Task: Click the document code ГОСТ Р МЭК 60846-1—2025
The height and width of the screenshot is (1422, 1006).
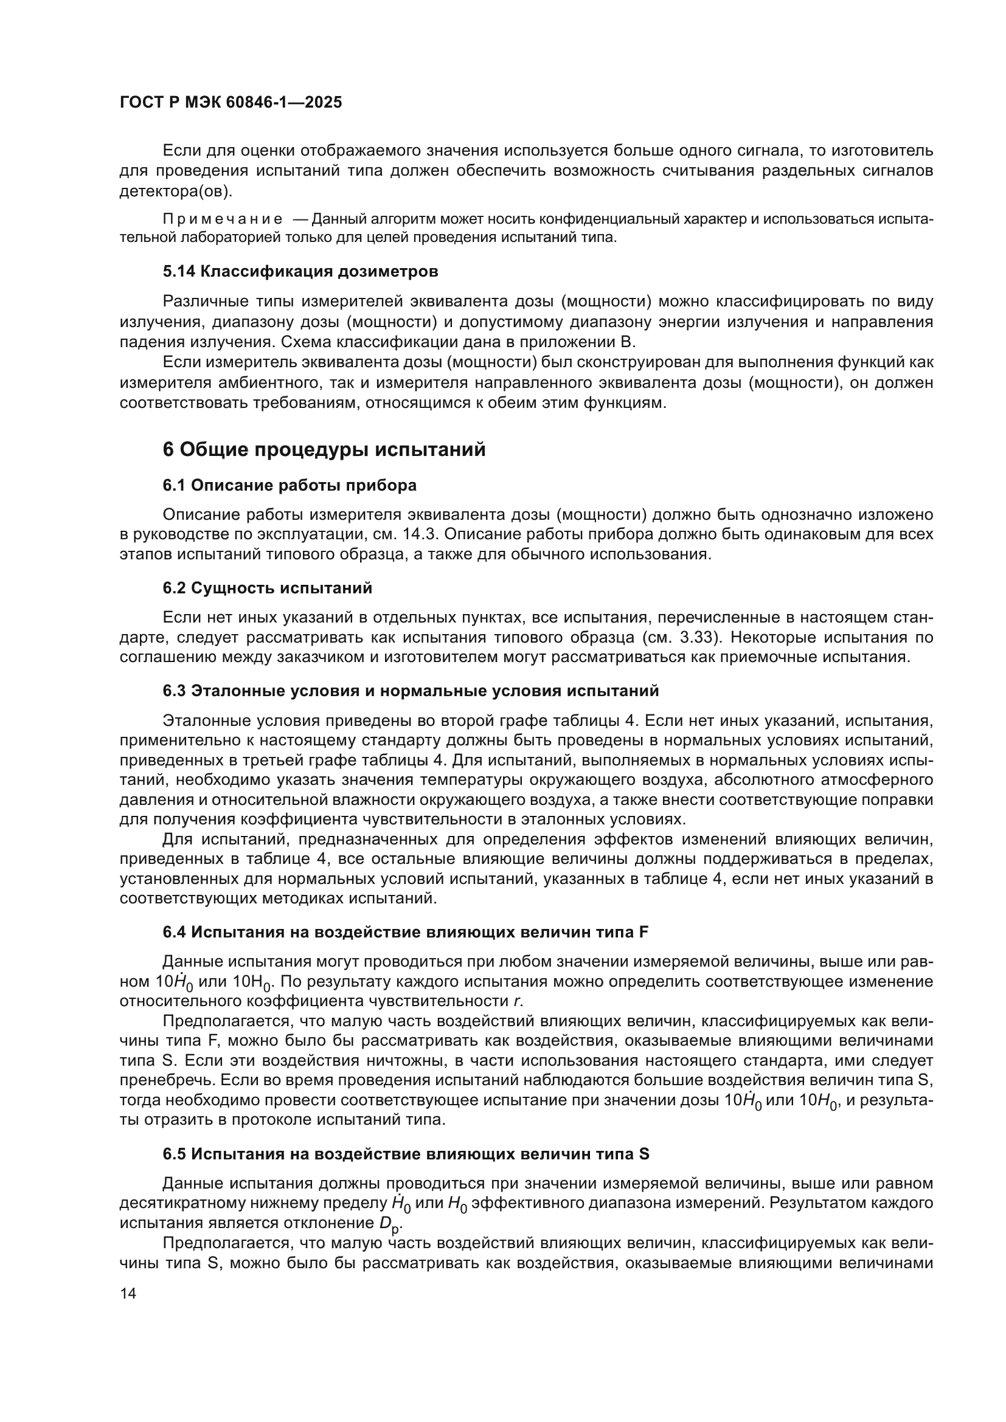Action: pyautogui.click(x=231, y=103)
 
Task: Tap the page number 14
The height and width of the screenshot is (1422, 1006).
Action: pyautogui.click(x=128, y=1293)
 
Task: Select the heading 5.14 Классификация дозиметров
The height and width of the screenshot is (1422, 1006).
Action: pyautogui.click(x=300, y=271)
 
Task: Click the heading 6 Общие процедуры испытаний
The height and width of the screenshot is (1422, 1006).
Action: pyautogui.click(x=324, y=450)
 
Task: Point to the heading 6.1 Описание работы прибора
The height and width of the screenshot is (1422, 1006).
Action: pyautogui.click(x=290, y=486)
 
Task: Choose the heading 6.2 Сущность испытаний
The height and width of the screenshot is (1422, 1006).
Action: pyautogui.click(x=267, y=588)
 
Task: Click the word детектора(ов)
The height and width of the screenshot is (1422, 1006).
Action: pyautogui.click(x=176, y=191)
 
